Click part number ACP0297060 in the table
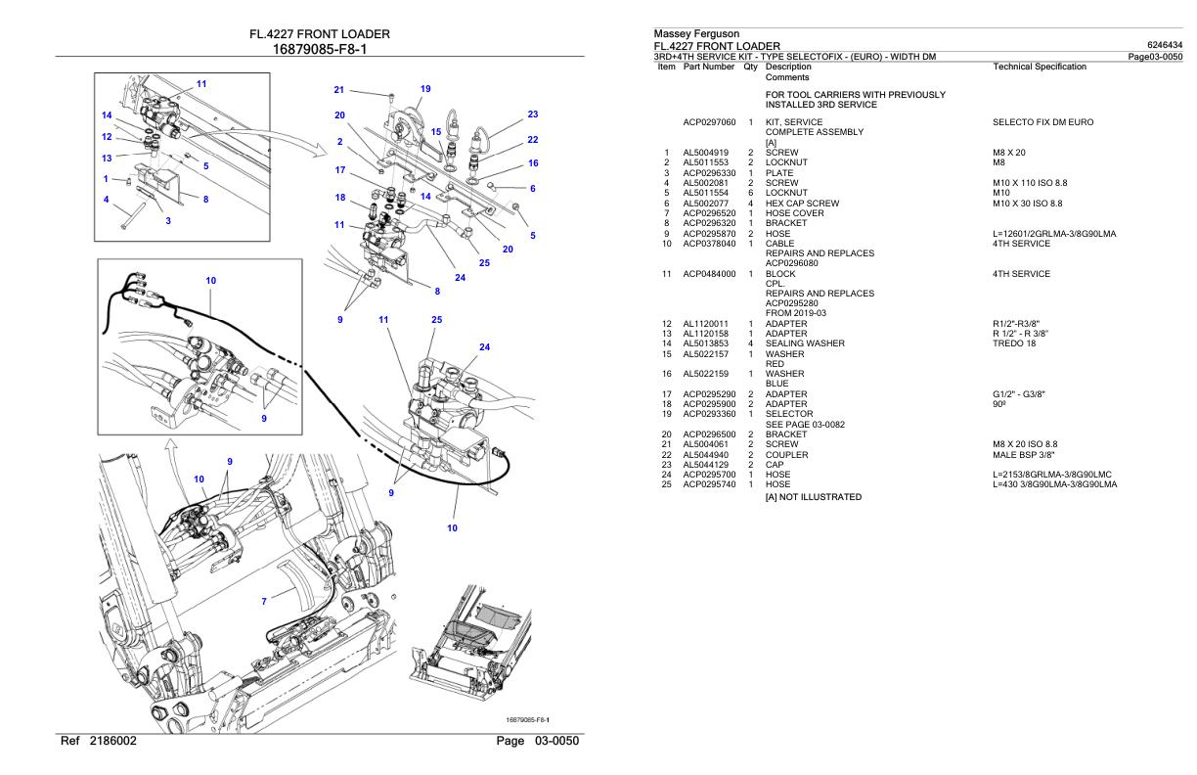(x=709, y=122)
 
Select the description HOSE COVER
(x=795, y=213)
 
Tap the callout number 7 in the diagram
(x=264, y=602)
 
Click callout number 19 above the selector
(x=425, y=89)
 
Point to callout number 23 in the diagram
(x=533, y=114)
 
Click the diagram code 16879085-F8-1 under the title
(x=320, y=49)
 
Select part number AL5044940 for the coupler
(x=705, y=455)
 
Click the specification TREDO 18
(x=1014, y=343)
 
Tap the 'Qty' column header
(x=750, y=67)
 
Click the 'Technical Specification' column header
(x=1040, y=67)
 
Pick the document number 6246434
(x=1165, y=45)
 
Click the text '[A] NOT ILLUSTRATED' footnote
(x=814, y=497)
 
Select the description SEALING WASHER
(x=805, y=343)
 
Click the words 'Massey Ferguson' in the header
(x=696, y=33)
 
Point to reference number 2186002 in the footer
(x=113, y=741)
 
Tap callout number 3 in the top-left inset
(x=168, y=221)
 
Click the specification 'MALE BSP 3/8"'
(x=1024, y=455)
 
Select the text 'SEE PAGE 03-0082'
(x=805, y=425)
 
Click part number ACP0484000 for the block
(x=709, y=274)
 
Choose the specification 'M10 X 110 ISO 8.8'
(x=1030, y=183)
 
